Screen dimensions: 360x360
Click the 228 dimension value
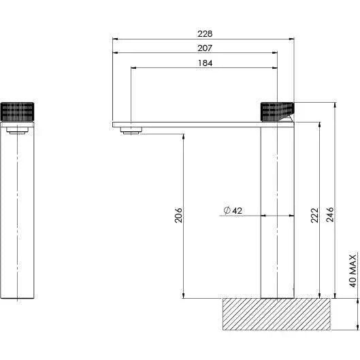click(x=205, y=33)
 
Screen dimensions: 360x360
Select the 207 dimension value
click(x=205, y=48)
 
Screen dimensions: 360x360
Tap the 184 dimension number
click(x=205, y=63)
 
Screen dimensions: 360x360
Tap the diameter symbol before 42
click(x=225, y=211)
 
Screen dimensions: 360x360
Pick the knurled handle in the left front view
click(x=17, y=110)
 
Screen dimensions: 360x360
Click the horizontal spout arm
click(x=191, y=125)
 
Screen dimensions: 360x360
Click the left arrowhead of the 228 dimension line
click(x=116, y=39)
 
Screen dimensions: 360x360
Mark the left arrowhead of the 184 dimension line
click(x=132, y=68)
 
